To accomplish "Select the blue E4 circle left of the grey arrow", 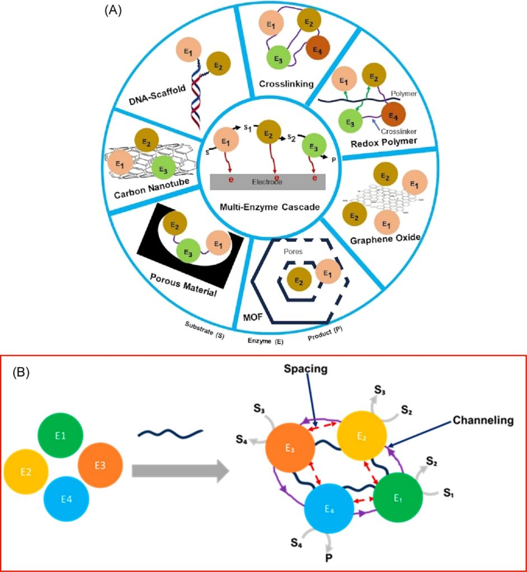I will point(67,498).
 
